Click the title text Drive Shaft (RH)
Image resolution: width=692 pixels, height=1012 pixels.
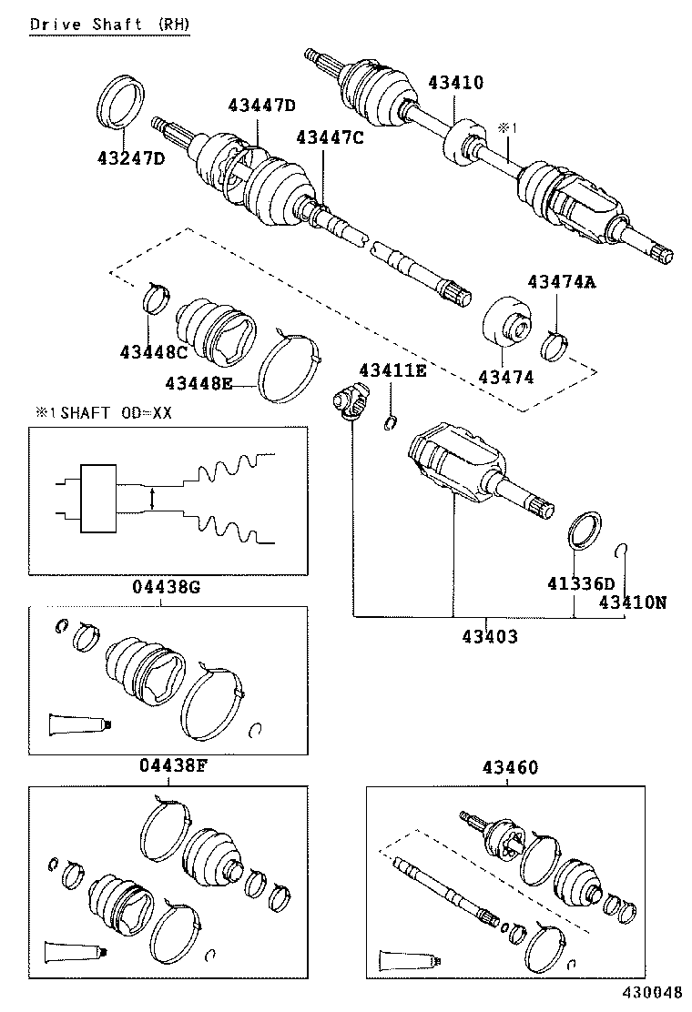(110, 25)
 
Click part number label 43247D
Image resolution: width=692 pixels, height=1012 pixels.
(130, 158)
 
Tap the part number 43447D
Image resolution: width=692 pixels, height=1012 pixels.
(260, 106)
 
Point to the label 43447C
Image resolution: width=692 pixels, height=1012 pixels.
(329, 137)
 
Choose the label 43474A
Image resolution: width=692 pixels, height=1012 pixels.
(561, 283)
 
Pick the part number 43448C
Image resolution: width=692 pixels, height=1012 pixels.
(152, 351)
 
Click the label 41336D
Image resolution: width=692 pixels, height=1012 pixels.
(581, 582)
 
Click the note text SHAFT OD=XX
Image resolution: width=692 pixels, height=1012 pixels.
(110, 412)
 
